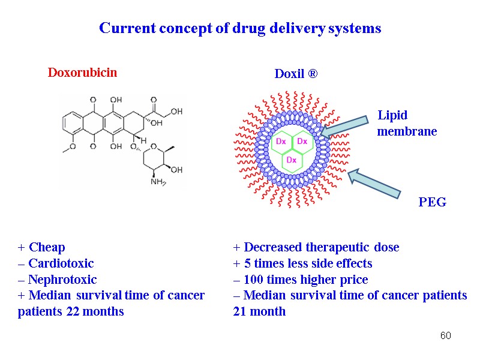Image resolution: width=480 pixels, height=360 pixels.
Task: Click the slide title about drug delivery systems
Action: [x=240, y=28]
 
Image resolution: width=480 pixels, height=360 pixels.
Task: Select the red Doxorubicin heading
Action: [x=82, y=73]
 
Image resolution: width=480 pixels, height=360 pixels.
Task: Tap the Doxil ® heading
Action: [x=296, y=74]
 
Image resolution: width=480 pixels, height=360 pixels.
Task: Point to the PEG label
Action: [x=432, y=203]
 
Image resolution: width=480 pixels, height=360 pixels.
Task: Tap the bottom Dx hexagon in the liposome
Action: [x=291, y=160]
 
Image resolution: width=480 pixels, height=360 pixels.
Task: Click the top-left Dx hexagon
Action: [x=280, y=142]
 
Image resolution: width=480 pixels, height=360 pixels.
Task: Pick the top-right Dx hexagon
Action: [x=302, y=142]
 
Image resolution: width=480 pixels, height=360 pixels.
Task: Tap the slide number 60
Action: [x=445, y=335]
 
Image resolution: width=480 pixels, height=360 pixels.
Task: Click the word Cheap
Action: [x=47, y=247]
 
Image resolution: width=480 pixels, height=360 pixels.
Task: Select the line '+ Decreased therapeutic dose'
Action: [x=316, y=247]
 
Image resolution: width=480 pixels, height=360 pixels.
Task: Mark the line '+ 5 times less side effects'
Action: [x=303, y=263]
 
